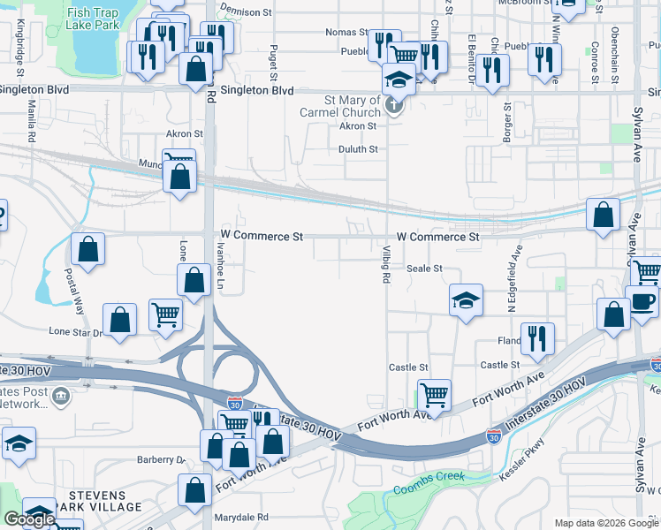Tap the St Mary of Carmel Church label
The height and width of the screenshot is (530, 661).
(352, 106)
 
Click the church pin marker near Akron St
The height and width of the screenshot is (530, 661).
(394, 109)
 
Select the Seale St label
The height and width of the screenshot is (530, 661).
(423, 268)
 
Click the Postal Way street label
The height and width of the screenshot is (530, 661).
(74, 293)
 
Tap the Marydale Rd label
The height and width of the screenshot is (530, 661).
(239, 517)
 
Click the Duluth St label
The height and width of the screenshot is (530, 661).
(358, 149)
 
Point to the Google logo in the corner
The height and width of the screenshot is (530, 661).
(29, 519)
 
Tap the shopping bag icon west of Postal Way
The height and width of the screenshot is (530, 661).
(88, 250)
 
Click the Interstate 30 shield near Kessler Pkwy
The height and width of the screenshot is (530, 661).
(494, 435)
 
